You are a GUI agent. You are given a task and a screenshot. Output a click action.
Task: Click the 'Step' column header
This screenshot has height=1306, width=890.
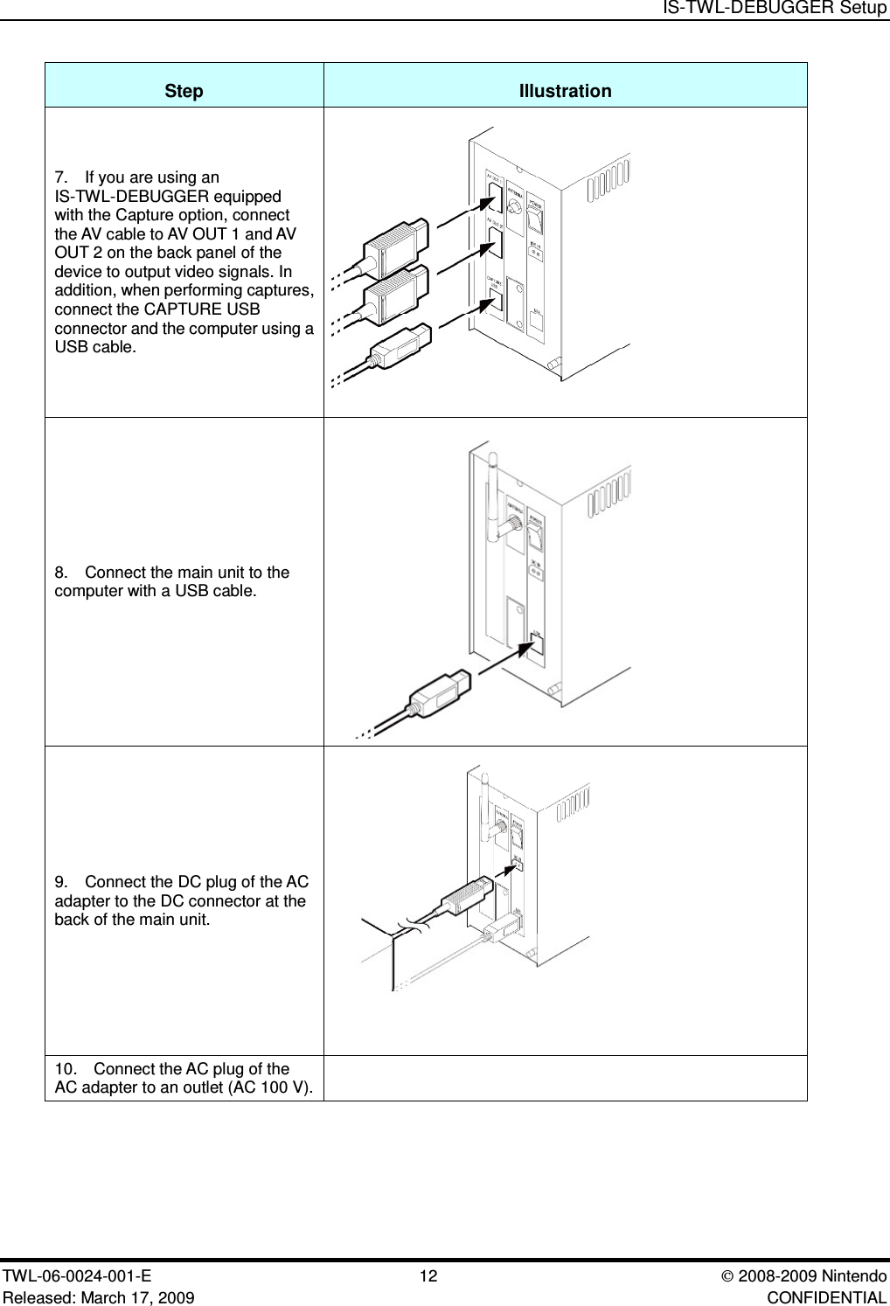184,91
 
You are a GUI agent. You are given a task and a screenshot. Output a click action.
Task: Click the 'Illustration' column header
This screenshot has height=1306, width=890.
565,91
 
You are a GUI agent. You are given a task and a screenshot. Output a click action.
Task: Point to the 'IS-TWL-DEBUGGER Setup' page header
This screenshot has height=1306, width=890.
775,8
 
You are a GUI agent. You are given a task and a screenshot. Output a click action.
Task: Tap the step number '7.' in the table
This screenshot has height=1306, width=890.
61,177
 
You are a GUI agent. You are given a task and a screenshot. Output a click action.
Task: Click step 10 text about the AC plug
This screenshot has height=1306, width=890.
184,1077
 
